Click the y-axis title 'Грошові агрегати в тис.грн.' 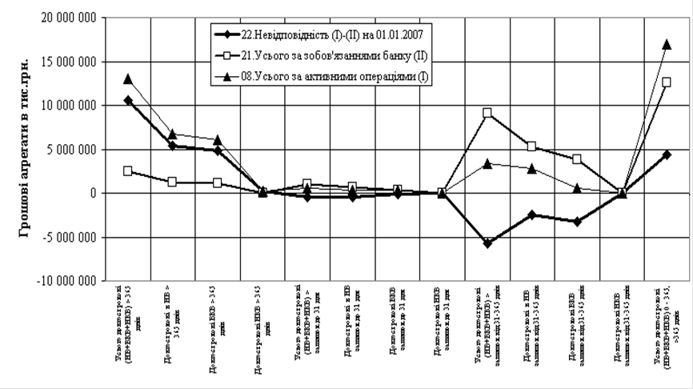pyautogui.click(x=24, y=148)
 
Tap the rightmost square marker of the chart pyautogui.click(x=667, y=82)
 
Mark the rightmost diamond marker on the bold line pyautogui.click(x=667, y=154)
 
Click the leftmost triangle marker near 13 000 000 pyautogui.click(x=128, y=78)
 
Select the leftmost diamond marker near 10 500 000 pyautogui.click(x=128, y=100)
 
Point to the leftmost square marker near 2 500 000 pyautogui.click(x=128, y=170)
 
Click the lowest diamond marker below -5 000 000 pyautogui.click(x=487, y=243)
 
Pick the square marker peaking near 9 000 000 pyautogui.click(x=487, y=113)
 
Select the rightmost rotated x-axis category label pyautogui.click(x=669, y=328)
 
